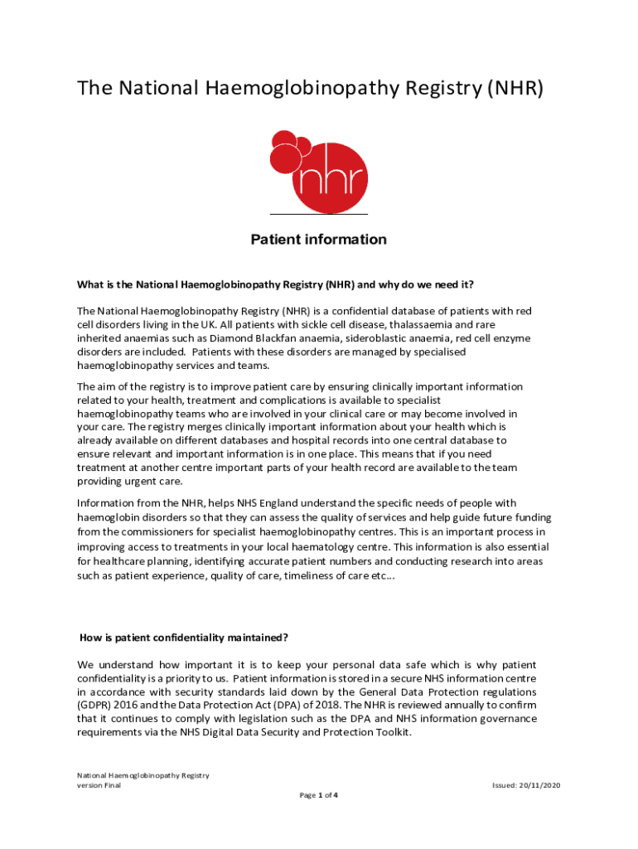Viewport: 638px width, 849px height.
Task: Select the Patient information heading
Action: pyautogui.click(x=318, y=240)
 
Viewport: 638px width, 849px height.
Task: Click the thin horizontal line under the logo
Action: pyautogui.click(x=319, y=215)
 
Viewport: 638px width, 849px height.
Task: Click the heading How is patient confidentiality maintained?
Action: pyautogui.click(x=183, y=638)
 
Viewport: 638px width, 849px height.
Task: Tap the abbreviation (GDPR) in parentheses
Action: pyautogui.click(x=94, y=705)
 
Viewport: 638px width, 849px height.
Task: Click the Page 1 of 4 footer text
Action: pyautogui.click(x=318, y=795)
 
